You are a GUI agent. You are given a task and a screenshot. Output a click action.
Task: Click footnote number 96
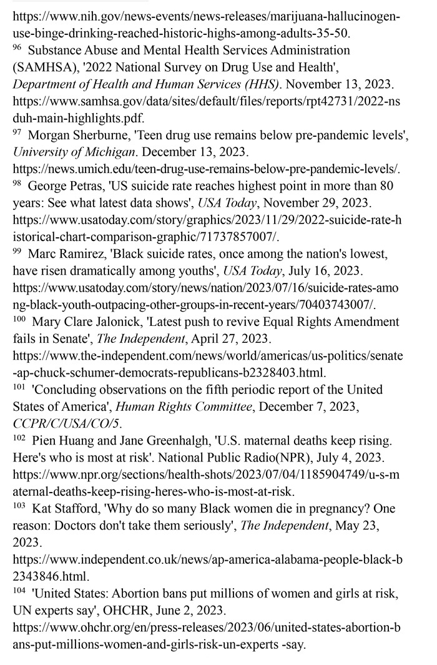[x=18, y=47]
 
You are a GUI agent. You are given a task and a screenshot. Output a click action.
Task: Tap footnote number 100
[x=20, y=319]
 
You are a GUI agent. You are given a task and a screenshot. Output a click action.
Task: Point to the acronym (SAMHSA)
[x=44, y=65]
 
